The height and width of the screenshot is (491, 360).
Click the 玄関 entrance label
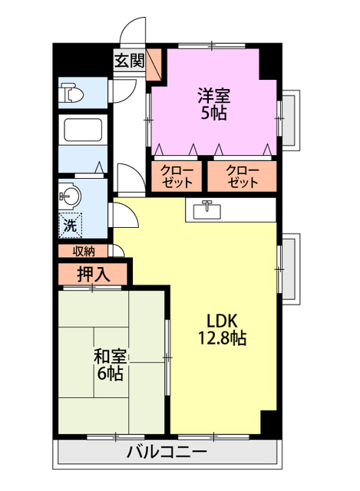tap(129, 61)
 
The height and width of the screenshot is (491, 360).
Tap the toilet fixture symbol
tap(71, 94)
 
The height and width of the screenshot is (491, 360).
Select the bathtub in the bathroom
tap(84, 130)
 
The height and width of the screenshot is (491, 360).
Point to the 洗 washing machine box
tap(70, 226)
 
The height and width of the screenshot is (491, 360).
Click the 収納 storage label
tap(84, 251)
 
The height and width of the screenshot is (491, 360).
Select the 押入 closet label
tap(93, 273)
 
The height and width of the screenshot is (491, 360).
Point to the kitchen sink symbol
tap(206, 208)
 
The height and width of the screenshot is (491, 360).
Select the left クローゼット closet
tap(179, 177)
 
